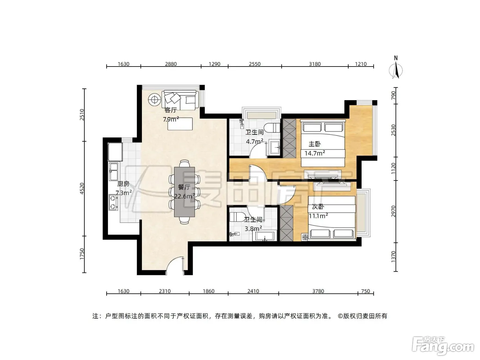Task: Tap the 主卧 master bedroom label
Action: tap(314, 144)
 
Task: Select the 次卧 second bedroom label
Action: tap(318, 206)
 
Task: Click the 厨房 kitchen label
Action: tap(123, 184)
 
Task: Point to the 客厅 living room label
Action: tap(170, 110)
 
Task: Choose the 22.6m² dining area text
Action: tap(184, 196)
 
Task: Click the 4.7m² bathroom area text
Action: tap(254, 141)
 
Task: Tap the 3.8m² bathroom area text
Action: tap(253, 229)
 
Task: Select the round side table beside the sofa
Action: tap(155, 100)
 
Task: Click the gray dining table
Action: tap(184, 192)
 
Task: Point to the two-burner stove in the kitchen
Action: tap(113, 202)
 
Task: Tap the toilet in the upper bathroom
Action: tap(272, 128)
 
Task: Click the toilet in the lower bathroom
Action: tap(236, 217)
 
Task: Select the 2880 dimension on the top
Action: tap(171, 64)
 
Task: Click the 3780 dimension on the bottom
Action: tap(318, 291)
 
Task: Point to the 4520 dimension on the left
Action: tap(82, 189)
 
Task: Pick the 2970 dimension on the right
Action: tap(393, 211)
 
